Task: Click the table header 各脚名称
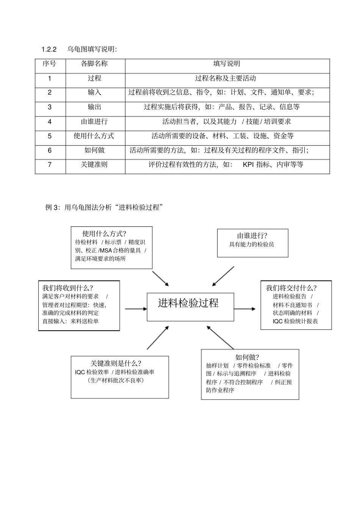tap(94, 64)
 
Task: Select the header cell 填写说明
tap(227, 64)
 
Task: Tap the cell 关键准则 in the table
tap(94, 165)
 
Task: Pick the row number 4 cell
tap(50, 122)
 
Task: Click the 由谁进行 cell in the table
tap(94, 122)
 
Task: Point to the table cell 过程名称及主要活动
tap(225, 78)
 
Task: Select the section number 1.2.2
tap(49, 49)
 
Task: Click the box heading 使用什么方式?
tap(104, 234)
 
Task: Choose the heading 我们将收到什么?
tap(68, 288)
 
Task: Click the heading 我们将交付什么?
tap(291, 288)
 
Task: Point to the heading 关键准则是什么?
tap(116, 363)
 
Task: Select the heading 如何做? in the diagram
tap(247, 357)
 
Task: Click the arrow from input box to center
tap(135, 309)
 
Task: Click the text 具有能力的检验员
tap(252, 245)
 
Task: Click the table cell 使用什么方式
tap(94, 136)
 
